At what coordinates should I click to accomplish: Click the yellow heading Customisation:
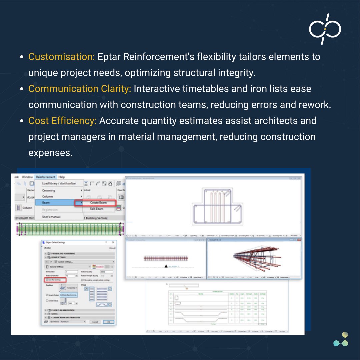(62, 57)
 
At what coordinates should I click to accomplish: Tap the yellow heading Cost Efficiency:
(62, 121)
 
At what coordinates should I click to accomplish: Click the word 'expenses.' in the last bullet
(50, 153)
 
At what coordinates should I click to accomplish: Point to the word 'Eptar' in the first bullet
(109, 57)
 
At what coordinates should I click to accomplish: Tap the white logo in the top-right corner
(325, 29)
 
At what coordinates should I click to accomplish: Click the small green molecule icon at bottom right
(341, 339)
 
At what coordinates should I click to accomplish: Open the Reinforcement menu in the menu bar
(46, 177)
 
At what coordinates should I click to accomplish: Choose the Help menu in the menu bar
(62, 177)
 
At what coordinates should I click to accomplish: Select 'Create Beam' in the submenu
(98, 203)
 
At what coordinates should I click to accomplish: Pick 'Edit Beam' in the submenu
(97, 209)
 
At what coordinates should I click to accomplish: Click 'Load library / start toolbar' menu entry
(59, 183)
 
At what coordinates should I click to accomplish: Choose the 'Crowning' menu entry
(49, 190)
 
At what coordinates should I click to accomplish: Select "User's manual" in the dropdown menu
(51, 217)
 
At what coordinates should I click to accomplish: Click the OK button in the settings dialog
(108, 322)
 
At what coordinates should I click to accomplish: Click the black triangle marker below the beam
(165, 266)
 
